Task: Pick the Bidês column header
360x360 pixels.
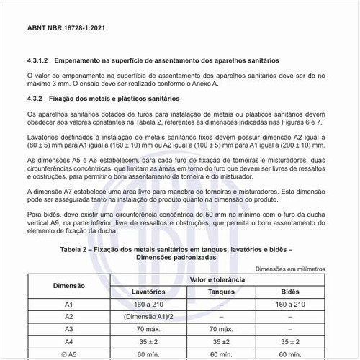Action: tap(289, 292)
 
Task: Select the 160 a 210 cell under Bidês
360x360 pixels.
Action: tap(289, 304)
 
